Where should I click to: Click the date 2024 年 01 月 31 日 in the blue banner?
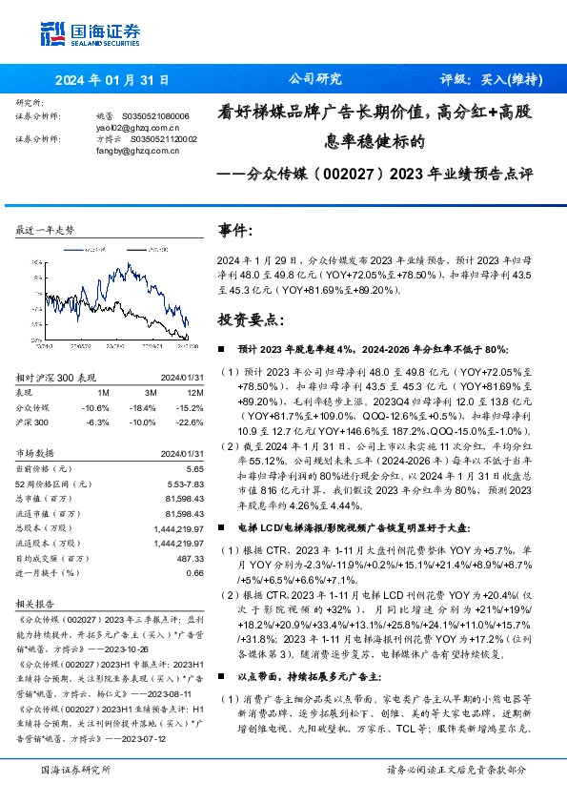tap(111, 80)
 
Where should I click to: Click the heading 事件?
tap(236, 232)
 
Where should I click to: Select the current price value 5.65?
tap(193, 469)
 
